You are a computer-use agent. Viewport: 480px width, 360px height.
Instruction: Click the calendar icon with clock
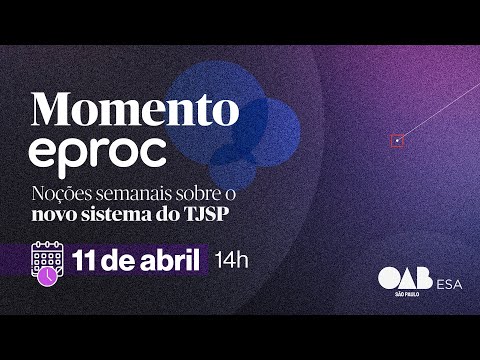(x=47, y=261)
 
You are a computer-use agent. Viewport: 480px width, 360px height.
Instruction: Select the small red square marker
(x=397, y=141)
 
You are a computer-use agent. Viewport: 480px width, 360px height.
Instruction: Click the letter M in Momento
(x=53, y=106)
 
